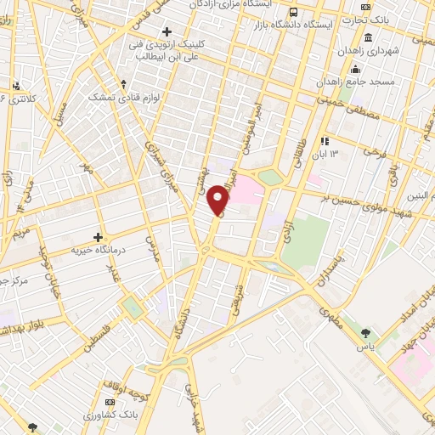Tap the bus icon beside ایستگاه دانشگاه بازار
tap(294, 13)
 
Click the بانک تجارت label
tap(404, 20)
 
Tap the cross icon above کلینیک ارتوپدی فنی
tap(167, 31)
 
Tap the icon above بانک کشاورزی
tap(109, 400)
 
